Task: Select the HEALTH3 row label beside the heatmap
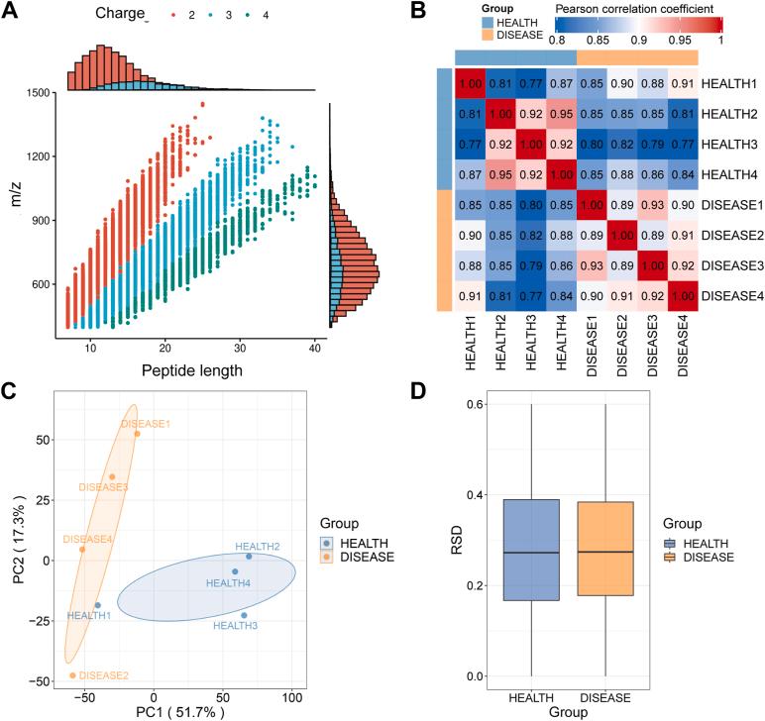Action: click(x=728, y=144)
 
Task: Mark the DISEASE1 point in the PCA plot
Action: click(x=138, y=434)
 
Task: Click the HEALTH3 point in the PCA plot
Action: click(x=244, y=615)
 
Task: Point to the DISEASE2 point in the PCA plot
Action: click(x=72, y=675)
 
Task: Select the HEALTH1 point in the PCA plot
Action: click(x=97, y=605)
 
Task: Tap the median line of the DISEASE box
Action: click(x=603, y=552)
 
